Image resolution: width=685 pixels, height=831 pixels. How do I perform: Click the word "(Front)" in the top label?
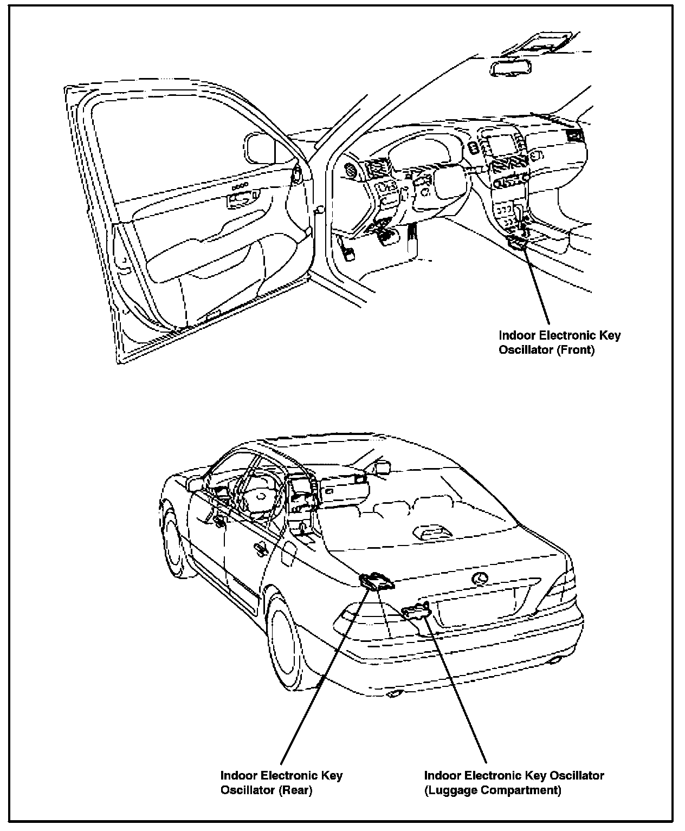(576, 350)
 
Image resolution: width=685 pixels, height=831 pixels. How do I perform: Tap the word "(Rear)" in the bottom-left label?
(295, 790)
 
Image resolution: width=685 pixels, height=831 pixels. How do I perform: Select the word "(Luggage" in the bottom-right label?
(449, 790)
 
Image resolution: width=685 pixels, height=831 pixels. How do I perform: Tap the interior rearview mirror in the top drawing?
(510, 67)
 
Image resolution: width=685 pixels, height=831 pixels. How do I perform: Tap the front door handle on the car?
(219, 522)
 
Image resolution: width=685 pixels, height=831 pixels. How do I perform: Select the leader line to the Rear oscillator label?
(325, 677)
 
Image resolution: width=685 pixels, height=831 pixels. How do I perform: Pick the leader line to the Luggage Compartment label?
(455, 688)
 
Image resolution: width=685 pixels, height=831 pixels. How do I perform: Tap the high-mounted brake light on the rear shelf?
(433, 533)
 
